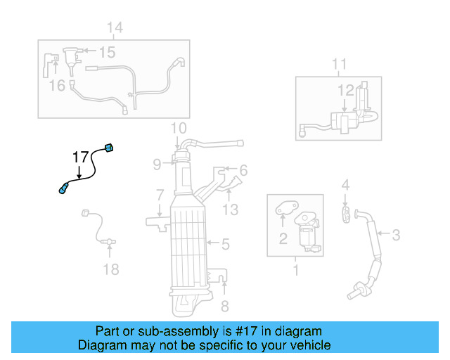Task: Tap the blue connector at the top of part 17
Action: [x=108, y=148]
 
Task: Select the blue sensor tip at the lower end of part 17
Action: [x=63, y=188]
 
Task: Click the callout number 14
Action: [x=115, y=27]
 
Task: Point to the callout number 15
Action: [x=106, y=52]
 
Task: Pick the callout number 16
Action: [x=57, y=85]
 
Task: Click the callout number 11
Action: [x=339, y=65]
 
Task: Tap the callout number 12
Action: [x=346, y=90]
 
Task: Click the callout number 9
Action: [x=157, y=165]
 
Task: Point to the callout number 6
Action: [x=243, y=170]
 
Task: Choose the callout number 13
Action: [x=231, y=209]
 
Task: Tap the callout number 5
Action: [x=225, y=245]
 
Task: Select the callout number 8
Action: [x=225, y=305]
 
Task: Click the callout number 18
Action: [x=111, y=269]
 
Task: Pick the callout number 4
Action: [x=345, y=185]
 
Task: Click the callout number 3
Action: [x=396, y=234]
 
